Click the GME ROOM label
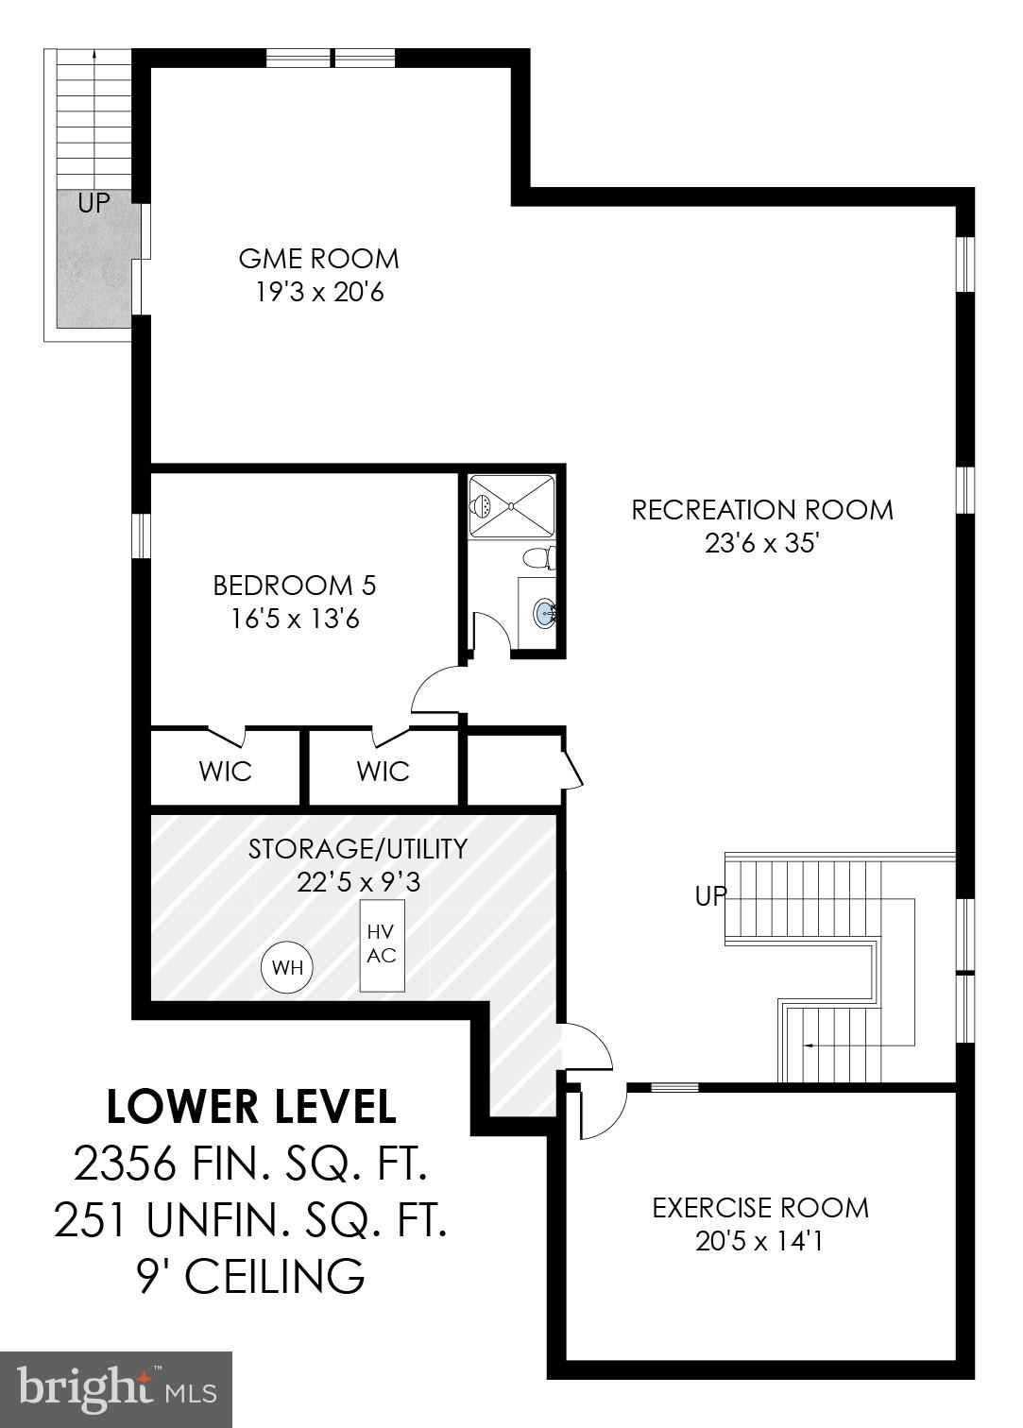(318, 259)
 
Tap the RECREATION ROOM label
(761, 510)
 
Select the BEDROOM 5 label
(294, 586)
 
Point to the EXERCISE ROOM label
(759, 1207)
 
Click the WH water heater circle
(287, 967)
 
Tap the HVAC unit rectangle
(382, 944)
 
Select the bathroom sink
(545, 614)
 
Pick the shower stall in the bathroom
(511, 506)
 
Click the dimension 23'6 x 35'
(760, 544)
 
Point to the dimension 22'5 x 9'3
(357, 882)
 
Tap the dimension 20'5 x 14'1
(759, 1241)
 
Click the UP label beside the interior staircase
(710, 895)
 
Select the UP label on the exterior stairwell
(94, 203)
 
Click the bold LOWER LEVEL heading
(251, 1108)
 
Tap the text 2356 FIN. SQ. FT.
(251, 1164)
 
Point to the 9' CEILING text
(251, 1277)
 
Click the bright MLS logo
(116, 1388)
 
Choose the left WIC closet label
(225, 771)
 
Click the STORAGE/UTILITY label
(357, 848)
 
